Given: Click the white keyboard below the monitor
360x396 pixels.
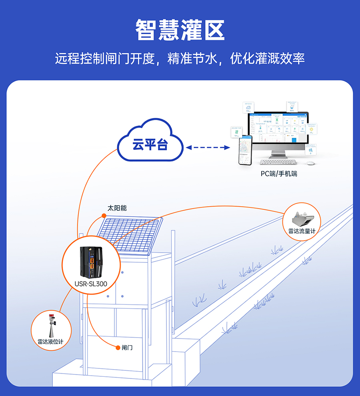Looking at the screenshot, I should point(278,162).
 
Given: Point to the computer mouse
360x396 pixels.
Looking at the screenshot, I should point(310,163).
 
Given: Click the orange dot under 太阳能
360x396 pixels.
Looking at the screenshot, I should point(104,216).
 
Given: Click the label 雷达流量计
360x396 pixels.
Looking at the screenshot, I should point(302,231).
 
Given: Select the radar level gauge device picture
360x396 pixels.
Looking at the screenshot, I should point(51,325).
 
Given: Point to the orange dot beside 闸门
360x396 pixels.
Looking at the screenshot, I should point(118,347).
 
